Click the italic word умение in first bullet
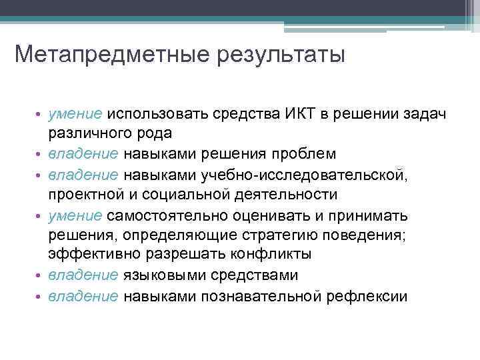point(75,114)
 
